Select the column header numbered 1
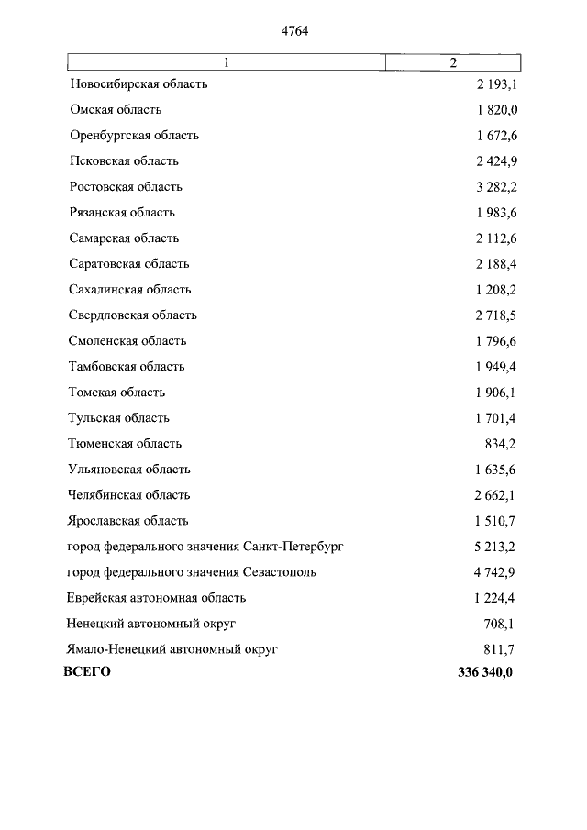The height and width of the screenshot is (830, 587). [227, 62]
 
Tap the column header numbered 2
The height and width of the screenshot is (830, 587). [453, 62]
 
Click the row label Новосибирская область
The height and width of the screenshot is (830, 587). [138, 84]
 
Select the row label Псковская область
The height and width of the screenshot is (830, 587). [124, 161]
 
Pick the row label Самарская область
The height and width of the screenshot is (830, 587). [124, 238]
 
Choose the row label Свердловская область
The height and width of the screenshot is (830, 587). [133, 315]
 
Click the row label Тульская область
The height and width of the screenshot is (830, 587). [119, 418]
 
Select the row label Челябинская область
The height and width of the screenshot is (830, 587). [129, 495]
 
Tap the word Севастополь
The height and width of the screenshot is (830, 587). [282, 572]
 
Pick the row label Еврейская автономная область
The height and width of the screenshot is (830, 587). [157, 598]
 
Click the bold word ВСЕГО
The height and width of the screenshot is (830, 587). [87, 672]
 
